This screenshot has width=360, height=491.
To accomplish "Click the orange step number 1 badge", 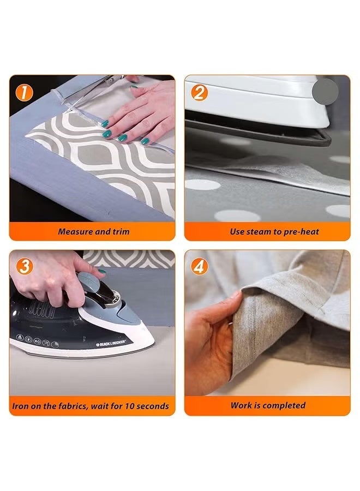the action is pos(24,92).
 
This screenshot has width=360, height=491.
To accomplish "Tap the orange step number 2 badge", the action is pos(200,92).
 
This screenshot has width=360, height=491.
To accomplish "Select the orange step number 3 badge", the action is pos(24,266).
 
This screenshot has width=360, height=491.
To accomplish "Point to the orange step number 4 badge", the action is pos(200,266).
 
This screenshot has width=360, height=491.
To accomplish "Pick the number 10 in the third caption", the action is pos(130,406).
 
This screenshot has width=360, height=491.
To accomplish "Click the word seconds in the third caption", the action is pos(153,406).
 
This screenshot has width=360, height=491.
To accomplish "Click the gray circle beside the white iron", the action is pos(325,92).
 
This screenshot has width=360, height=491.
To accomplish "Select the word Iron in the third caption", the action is pos(19,406).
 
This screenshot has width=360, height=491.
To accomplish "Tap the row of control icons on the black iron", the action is pos(37,342).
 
